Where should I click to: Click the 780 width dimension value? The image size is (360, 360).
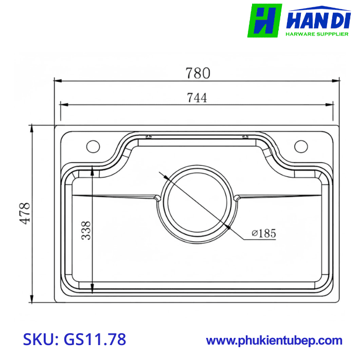(x=198, y=73)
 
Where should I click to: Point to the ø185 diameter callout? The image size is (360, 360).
(x=264, y=233)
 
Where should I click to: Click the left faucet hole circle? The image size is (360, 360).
(x=93, y=146)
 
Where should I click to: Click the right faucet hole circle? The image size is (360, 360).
(x=301, y=146)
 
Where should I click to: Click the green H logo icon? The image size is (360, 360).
(x=264, y=20)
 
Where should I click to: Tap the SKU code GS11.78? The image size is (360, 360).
(x=95, y=339)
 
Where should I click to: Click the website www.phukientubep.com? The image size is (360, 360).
(x=274, y=340)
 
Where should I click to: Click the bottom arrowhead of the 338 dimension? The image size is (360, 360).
(x=92, y=290)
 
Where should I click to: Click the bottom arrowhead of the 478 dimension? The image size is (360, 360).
(x=32, y=300)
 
